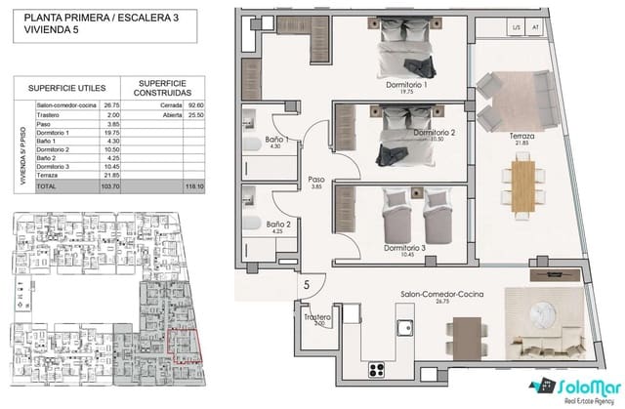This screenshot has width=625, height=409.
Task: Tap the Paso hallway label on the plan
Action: (316, 180)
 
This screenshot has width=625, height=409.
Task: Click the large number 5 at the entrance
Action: (306, 285)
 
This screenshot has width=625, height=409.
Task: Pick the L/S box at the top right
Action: (517, 28)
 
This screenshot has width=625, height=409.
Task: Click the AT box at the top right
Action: (535, 28)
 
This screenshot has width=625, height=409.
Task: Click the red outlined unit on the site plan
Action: (185, 345)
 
